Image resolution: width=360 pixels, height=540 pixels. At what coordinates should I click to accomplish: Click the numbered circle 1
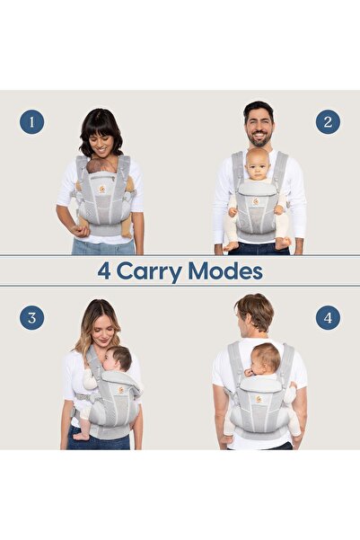click(32, 122)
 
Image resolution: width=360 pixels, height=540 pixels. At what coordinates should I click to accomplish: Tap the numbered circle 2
click(328, 122)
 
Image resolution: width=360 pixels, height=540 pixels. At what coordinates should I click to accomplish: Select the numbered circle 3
click(32, 317)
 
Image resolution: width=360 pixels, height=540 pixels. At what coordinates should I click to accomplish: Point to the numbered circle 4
click(328, 317)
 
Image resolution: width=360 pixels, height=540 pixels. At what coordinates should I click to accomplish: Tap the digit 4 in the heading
click(106, 270)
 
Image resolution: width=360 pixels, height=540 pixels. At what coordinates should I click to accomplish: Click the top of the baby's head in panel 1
click(102, 164)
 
